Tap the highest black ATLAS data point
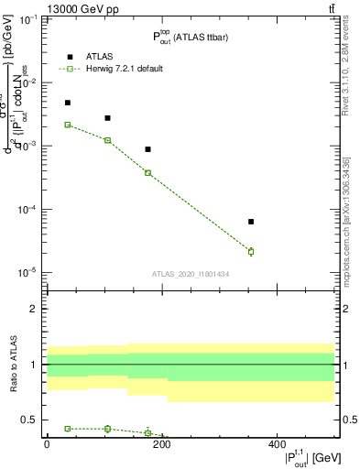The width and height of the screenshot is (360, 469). coord(68,103)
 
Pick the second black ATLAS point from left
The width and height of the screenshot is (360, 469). coord(108,118)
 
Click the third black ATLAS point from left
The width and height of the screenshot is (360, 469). coord(148,149)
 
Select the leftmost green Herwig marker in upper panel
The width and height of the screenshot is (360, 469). coord(68,125)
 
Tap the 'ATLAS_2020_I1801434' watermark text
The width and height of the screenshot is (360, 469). coord(191,274)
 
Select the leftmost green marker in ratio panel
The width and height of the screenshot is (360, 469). coord(68,429)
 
